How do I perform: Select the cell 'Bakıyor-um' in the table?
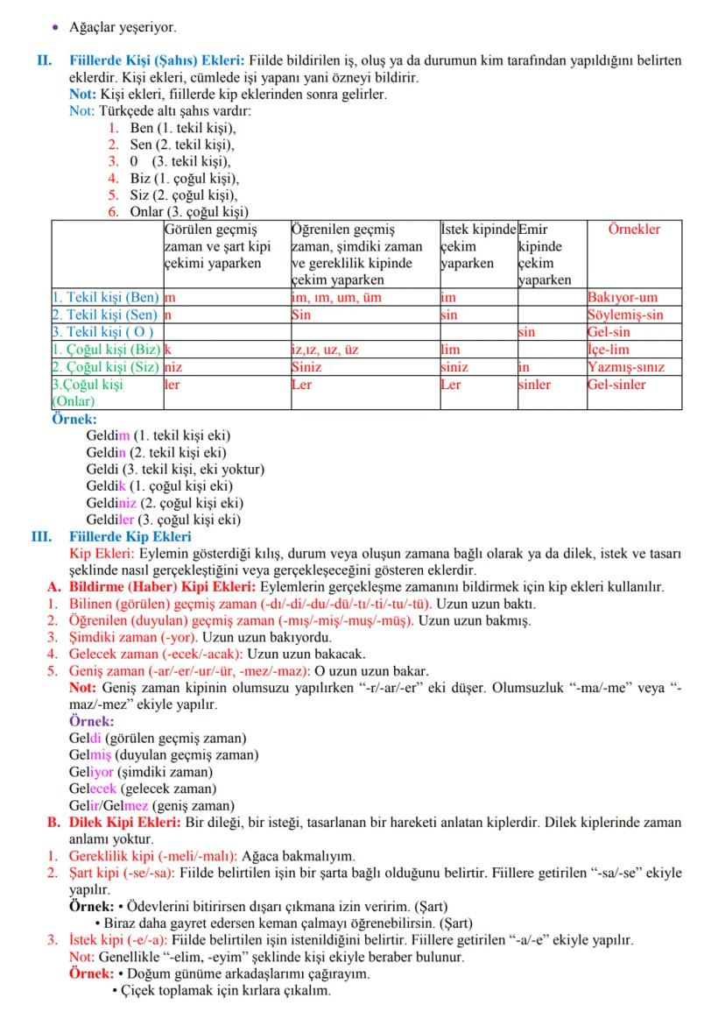(622, 298)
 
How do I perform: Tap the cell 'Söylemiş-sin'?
(625, 315)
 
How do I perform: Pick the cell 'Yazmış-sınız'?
(626, 367)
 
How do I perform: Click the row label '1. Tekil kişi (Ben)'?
(106, 298)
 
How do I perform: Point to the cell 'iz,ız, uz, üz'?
(324, 350)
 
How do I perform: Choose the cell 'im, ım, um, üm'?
(335, 298)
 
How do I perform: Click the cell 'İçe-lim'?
(609, 350)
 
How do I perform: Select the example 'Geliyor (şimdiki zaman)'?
(140, 772)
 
